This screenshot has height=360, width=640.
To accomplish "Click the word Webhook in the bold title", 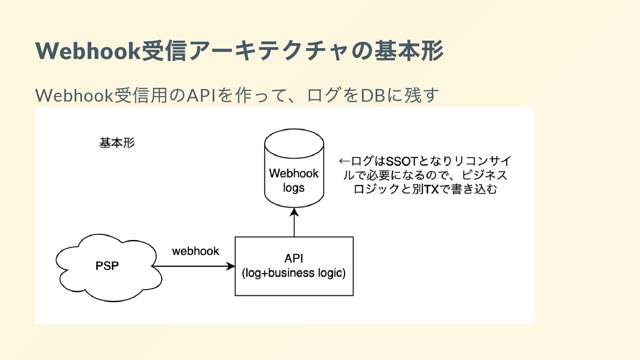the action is tap(88, 51).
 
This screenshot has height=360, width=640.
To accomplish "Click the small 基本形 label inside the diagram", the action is tap(117, 143).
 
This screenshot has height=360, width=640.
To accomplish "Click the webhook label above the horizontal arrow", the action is tap(196, 251).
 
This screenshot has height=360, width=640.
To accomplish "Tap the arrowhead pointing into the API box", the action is tap(231, 266).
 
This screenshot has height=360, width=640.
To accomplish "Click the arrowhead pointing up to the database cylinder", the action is tap(294, 212).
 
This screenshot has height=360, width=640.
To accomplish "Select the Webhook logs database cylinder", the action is tap(294, 168).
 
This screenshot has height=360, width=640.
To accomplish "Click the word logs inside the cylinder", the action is tap(294, 188).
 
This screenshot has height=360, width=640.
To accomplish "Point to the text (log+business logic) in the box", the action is tap(294, 273).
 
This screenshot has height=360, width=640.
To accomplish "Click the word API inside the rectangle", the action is tap(294, 258).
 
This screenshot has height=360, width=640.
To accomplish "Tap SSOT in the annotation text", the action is tap(401, 161).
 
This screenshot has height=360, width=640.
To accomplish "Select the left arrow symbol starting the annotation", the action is tap(345, 161).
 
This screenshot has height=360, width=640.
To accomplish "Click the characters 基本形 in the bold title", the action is tap(409, 51).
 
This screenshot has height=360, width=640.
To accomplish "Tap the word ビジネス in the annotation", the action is tap(484, 175).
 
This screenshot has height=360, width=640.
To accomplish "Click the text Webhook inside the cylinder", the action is tap(294, 173).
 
